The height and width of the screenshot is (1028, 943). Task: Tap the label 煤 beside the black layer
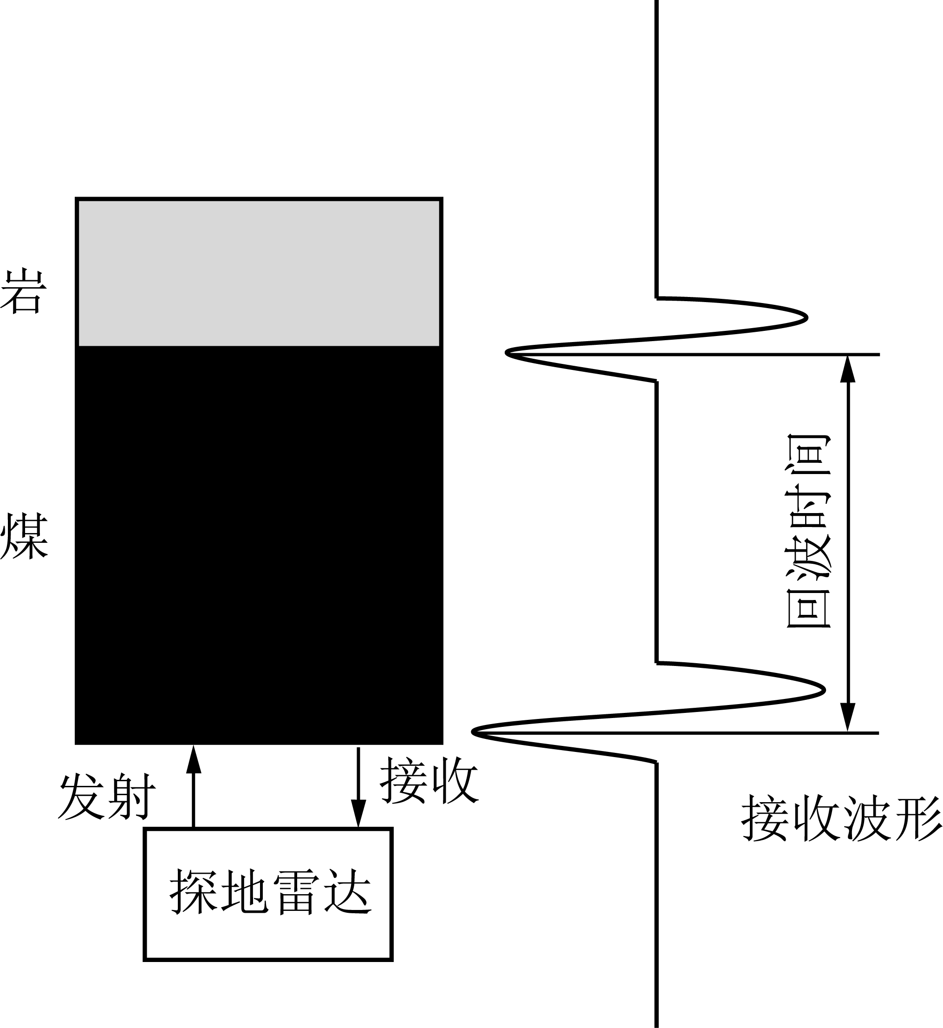coord(24,537)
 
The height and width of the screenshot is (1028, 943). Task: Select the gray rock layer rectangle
coord(259,272)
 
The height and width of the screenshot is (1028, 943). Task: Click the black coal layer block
coord(259,546)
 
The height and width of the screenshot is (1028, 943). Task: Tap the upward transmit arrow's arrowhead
coord(194,759)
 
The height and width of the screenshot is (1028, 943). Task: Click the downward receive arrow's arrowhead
coord(358,813)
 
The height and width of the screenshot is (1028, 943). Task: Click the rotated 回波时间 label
coord(809,531)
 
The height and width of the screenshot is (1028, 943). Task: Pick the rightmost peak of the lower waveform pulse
coord(825,690)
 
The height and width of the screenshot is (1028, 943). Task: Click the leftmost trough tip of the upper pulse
coord(506,352)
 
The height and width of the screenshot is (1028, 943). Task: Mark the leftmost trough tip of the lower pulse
coord(473,732)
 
